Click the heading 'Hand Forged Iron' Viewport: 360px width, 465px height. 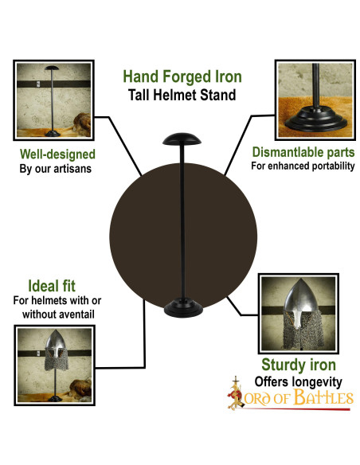(182, 77)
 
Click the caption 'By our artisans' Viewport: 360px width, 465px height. (56, 169)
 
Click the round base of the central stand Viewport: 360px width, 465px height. (182, 308)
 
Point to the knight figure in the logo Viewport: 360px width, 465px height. (234, 396)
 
